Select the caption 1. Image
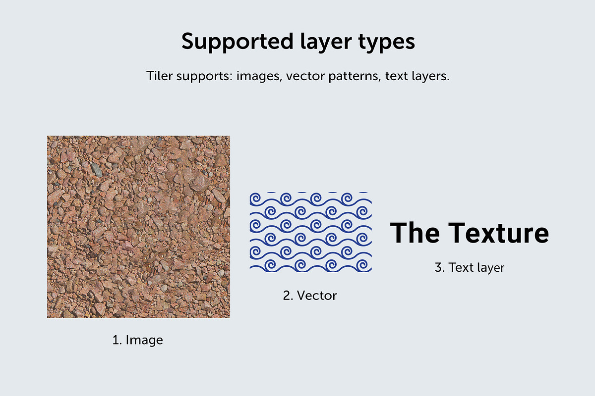pos(137,340)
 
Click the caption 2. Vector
pos(309,296)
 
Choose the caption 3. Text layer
pos(469,267)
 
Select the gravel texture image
pos(138,227)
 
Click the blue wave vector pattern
pos(310,232)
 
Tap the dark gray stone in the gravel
pos(97,170)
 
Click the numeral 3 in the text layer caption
pos(438,267)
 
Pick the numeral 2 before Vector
pos(286,296)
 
